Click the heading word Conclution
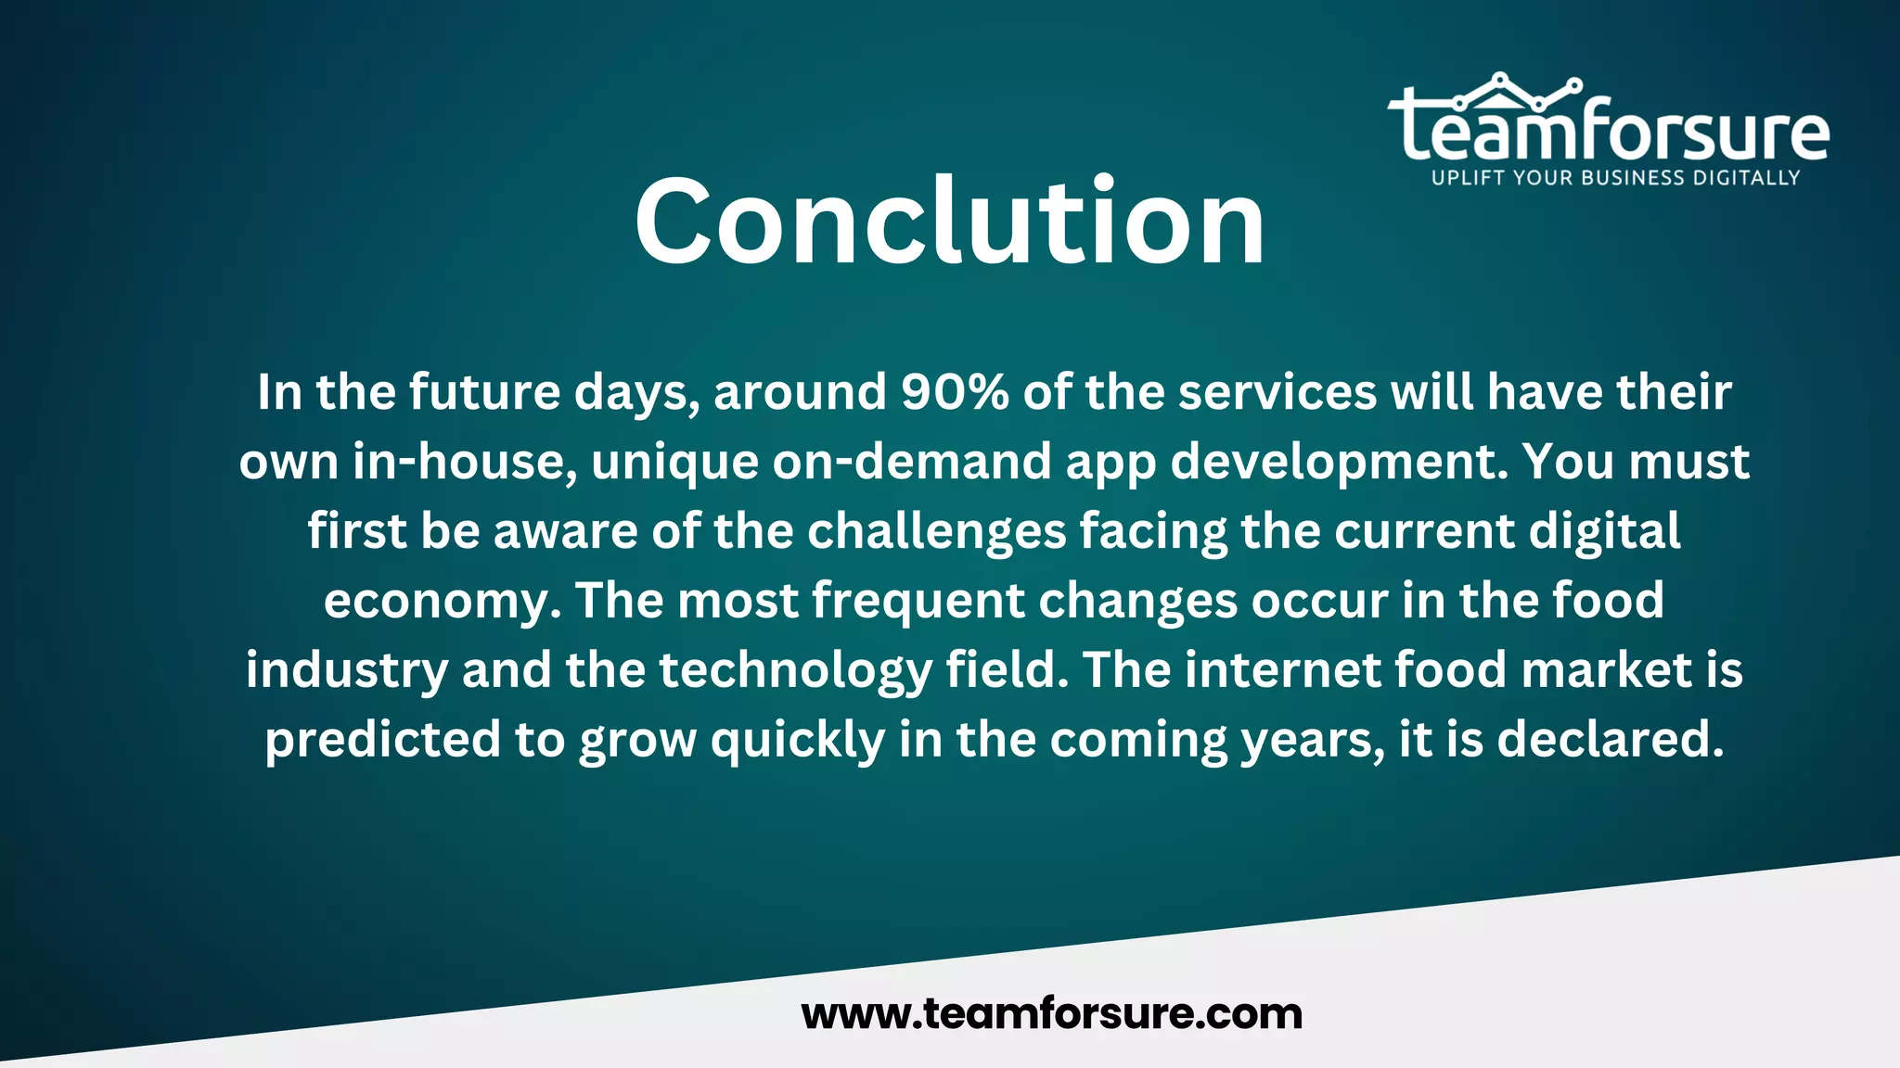[949, 222]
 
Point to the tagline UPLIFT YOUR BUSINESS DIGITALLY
[1615, 178]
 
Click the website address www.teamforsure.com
[1052, 1013]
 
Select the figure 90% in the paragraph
[955, 392]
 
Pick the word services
[1277, 392]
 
